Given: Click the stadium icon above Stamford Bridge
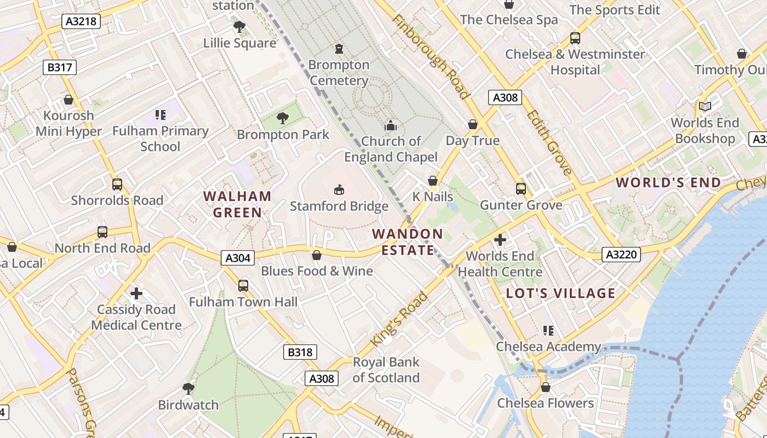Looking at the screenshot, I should pyautogui.click(x=339, y=189).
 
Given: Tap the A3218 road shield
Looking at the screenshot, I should pyautogui.click(x=81, y=21).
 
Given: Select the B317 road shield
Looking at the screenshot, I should pyautogui.click(x=60, y=67).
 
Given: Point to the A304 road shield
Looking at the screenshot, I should pyautogui.click(x=238, y=257).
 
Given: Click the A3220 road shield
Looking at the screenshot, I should pyautogui.click(x=621, y=254).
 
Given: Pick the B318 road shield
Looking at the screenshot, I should pyautogui.click(x=300, y=352).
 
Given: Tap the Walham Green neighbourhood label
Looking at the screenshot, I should pyautogui.click(x=237, y=204).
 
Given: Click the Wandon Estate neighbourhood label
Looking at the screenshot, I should pyautogui.click(x=407, y=242).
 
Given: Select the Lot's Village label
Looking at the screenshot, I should pyautogui.click(x=560, y=293).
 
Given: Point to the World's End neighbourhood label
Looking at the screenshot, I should pyautogui.click(x=668, y=183).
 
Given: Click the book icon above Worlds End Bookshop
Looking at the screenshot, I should pyautogui.click(x=705, y=106).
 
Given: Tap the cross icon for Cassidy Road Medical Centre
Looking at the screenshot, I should pyautogui.click(x=136, y=293).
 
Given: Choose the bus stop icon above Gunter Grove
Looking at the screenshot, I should pyautogui.click(x=520, y=189).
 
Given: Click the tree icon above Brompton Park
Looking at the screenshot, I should pyautogui.click(x=283, y=118).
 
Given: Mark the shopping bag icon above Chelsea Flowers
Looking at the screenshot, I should pyautogui.click(x=545, y=387).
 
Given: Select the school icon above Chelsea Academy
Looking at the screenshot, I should pyautogui.click(x=548, y=330).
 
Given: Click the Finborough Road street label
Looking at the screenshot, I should pyautogui.click(x=431, y=56).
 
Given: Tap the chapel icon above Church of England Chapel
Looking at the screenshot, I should pyautogui.click(x=391, y=125).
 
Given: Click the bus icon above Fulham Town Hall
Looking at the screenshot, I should pyautogui.click(x=243, y=285).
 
